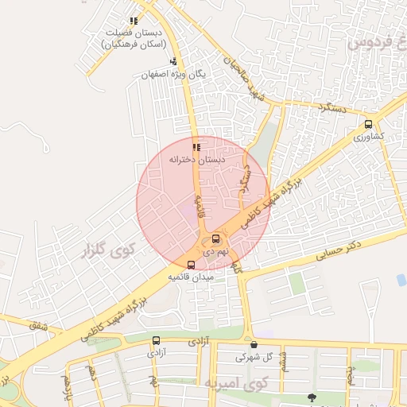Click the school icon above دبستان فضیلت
coord(133,21)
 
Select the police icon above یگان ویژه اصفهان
coord(173,61)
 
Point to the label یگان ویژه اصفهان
coord(173,74)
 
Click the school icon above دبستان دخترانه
coord(196,146)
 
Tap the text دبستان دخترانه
coord(196,159)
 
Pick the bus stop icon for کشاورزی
coord(368,124)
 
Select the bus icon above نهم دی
coord(216,238)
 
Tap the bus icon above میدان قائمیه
coord(190,265)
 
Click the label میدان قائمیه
coord(190,277)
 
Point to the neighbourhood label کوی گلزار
coord(109,254)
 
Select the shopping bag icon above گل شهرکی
coord(254,344)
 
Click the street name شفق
coord(37,326)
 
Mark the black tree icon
coord(312,397)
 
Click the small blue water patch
coord(401,280)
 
